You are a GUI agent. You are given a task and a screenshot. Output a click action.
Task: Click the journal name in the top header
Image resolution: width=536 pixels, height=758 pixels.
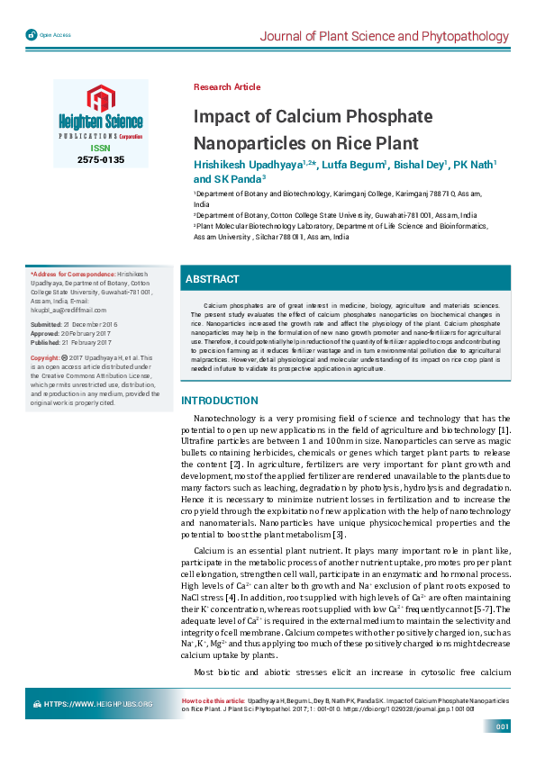click(384, 36)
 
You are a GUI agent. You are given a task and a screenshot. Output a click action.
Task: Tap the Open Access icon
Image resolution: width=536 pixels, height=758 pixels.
click(32, 35)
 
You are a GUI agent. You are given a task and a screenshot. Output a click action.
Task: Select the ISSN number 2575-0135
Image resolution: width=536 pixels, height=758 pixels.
click(101, 159)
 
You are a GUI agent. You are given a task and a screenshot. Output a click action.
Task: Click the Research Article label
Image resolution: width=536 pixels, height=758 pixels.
click(227, 87)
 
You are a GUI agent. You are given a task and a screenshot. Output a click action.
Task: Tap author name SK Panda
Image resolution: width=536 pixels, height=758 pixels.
click(235, 179)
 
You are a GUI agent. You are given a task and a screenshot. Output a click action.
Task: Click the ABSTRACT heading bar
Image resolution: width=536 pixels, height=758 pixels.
click(213, 280)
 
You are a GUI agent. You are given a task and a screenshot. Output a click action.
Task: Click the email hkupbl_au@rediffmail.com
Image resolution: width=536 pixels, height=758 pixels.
click(68, 309)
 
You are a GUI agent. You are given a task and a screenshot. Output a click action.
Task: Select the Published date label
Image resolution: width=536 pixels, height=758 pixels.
click(46, 342)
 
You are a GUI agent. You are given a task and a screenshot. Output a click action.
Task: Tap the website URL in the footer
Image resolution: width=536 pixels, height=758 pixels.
click(99, 703)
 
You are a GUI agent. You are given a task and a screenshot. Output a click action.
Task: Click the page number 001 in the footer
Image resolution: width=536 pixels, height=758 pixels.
click(503, 726)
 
